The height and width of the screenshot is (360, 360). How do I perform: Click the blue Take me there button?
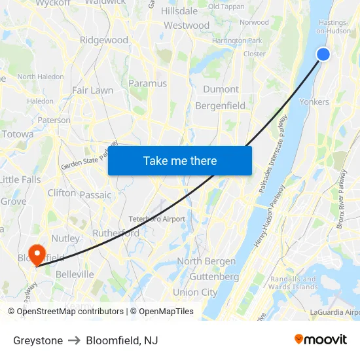click(x=180, y=160)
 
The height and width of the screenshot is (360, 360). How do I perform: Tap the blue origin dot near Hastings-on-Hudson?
click(x=323, y=54)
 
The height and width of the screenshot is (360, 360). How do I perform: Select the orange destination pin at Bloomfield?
click(x=37, y=253)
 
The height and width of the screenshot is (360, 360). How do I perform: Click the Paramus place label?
click(x=147, y=83)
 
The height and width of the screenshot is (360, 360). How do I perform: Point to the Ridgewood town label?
click(x=103, y=40)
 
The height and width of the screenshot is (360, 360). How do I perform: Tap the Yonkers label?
click(x=314, y=101)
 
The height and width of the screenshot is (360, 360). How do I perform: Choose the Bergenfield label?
click(x=220, y=105)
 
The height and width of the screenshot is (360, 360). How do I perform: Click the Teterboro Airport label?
click(x=156, y=219)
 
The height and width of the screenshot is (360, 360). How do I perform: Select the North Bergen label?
click(x=206, y=261)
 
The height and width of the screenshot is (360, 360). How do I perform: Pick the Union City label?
click(x=195, y=292)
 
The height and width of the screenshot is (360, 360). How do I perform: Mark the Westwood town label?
click(x=187, y=26)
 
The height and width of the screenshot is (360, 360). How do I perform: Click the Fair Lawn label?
click(x=92, y=90)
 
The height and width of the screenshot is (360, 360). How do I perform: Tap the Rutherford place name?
click(x=116, y=233)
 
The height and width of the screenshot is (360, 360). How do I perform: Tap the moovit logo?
click(x=320, y=340)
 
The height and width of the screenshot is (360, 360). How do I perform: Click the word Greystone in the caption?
click(x=38, y=340)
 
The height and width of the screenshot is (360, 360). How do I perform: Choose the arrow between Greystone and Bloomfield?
click(x=74, y=340)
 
